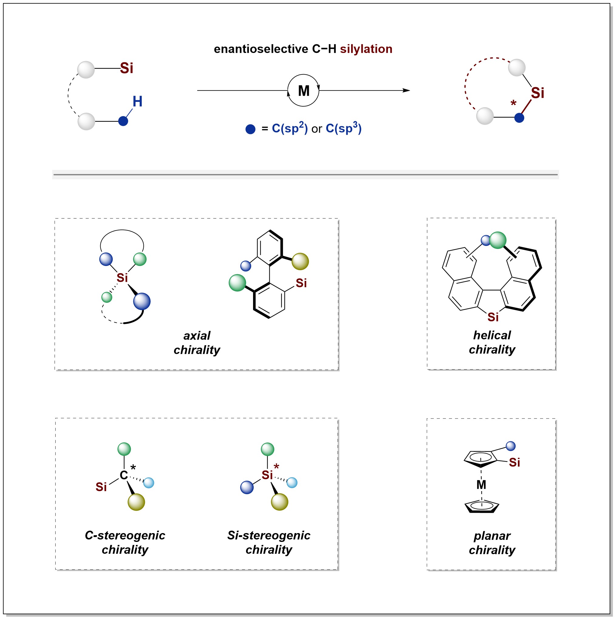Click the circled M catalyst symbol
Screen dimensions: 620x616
pos(303,91)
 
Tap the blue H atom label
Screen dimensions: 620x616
pos(138,102)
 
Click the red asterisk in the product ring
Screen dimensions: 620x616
pos(513,103)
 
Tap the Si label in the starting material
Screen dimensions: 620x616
pos(127,68)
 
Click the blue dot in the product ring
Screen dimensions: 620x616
pos(519,118)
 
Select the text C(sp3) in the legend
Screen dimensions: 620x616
pos(344,128)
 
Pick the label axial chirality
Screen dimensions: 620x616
pos(197,343)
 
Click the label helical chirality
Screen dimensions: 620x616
pos(492,343)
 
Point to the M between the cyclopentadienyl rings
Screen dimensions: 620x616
pos(481,484)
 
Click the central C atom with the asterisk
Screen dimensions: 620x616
pos(124,475)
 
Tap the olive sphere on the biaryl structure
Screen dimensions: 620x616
pos(300,261)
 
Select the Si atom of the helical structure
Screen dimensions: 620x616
pos(493,317)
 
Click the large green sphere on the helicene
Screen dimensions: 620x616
pos(498,240)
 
